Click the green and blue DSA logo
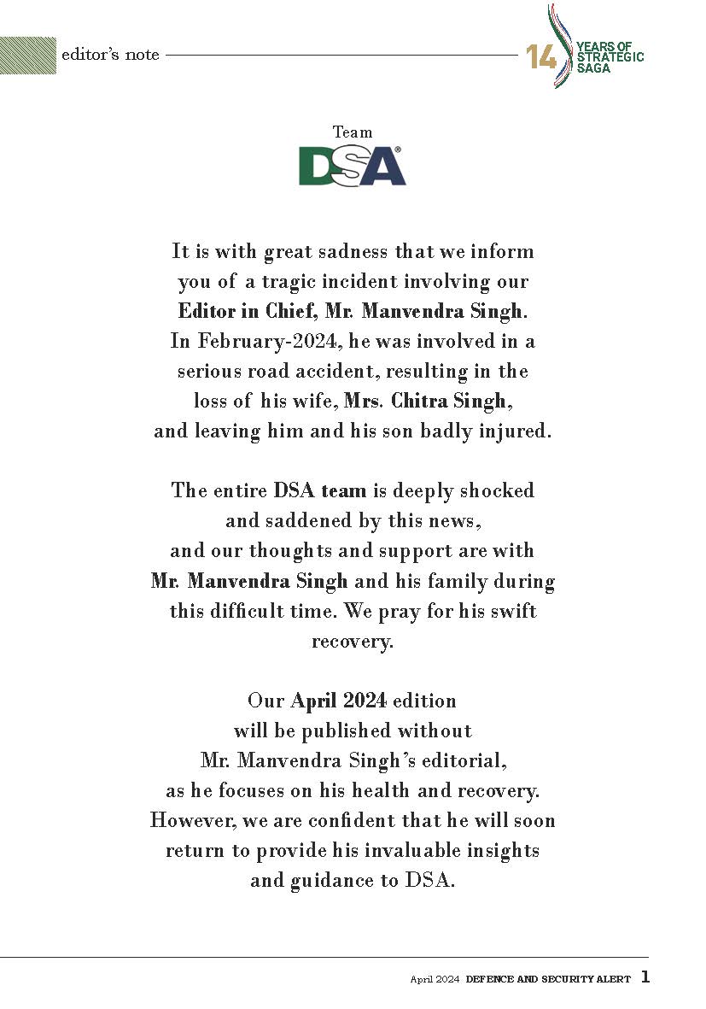tap(352, 166)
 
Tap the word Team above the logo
tap(353, 132)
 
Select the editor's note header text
tap(110, 55)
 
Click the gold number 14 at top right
tap(541, 57)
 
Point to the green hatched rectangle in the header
tap(28, 56)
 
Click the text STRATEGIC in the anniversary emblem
tap(610, 57)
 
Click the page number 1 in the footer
tap(645, 977)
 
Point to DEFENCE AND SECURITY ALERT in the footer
tap(548, 979)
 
